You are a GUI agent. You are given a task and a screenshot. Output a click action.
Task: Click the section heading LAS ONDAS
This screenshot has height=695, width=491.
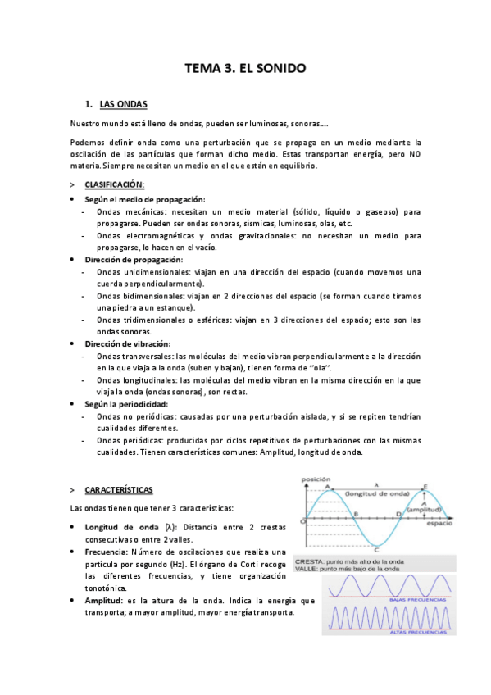coord(123,104)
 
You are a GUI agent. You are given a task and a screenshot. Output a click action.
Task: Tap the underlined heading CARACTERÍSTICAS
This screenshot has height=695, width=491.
coord(118,489)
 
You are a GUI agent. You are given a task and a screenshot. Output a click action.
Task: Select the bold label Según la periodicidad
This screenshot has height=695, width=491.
coord(125,404)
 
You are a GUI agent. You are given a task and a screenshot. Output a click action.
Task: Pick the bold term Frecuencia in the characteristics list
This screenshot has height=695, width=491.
coord(108,552)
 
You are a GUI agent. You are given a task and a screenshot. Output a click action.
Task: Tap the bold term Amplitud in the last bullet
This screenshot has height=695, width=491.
coord(106,601)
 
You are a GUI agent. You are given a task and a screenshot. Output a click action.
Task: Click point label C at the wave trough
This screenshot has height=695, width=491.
coord(375,551)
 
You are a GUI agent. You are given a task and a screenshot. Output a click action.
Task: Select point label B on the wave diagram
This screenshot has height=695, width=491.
coord(355,514)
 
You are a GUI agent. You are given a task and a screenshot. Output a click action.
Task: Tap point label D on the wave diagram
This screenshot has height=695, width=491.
coord(398,514)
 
